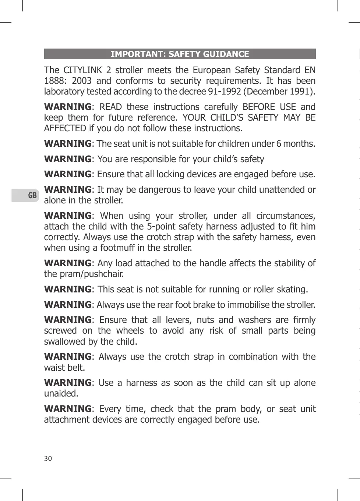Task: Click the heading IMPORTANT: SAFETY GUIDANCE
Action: click(180, 54)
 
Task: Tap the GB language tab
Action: click(32, 195)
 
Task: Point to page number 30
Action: click(48, 458)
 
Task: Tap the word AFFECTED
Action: click(65, 128)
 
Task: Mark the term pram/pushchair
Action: click(84, 274)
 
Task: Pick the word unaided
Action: click(61, 394)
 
